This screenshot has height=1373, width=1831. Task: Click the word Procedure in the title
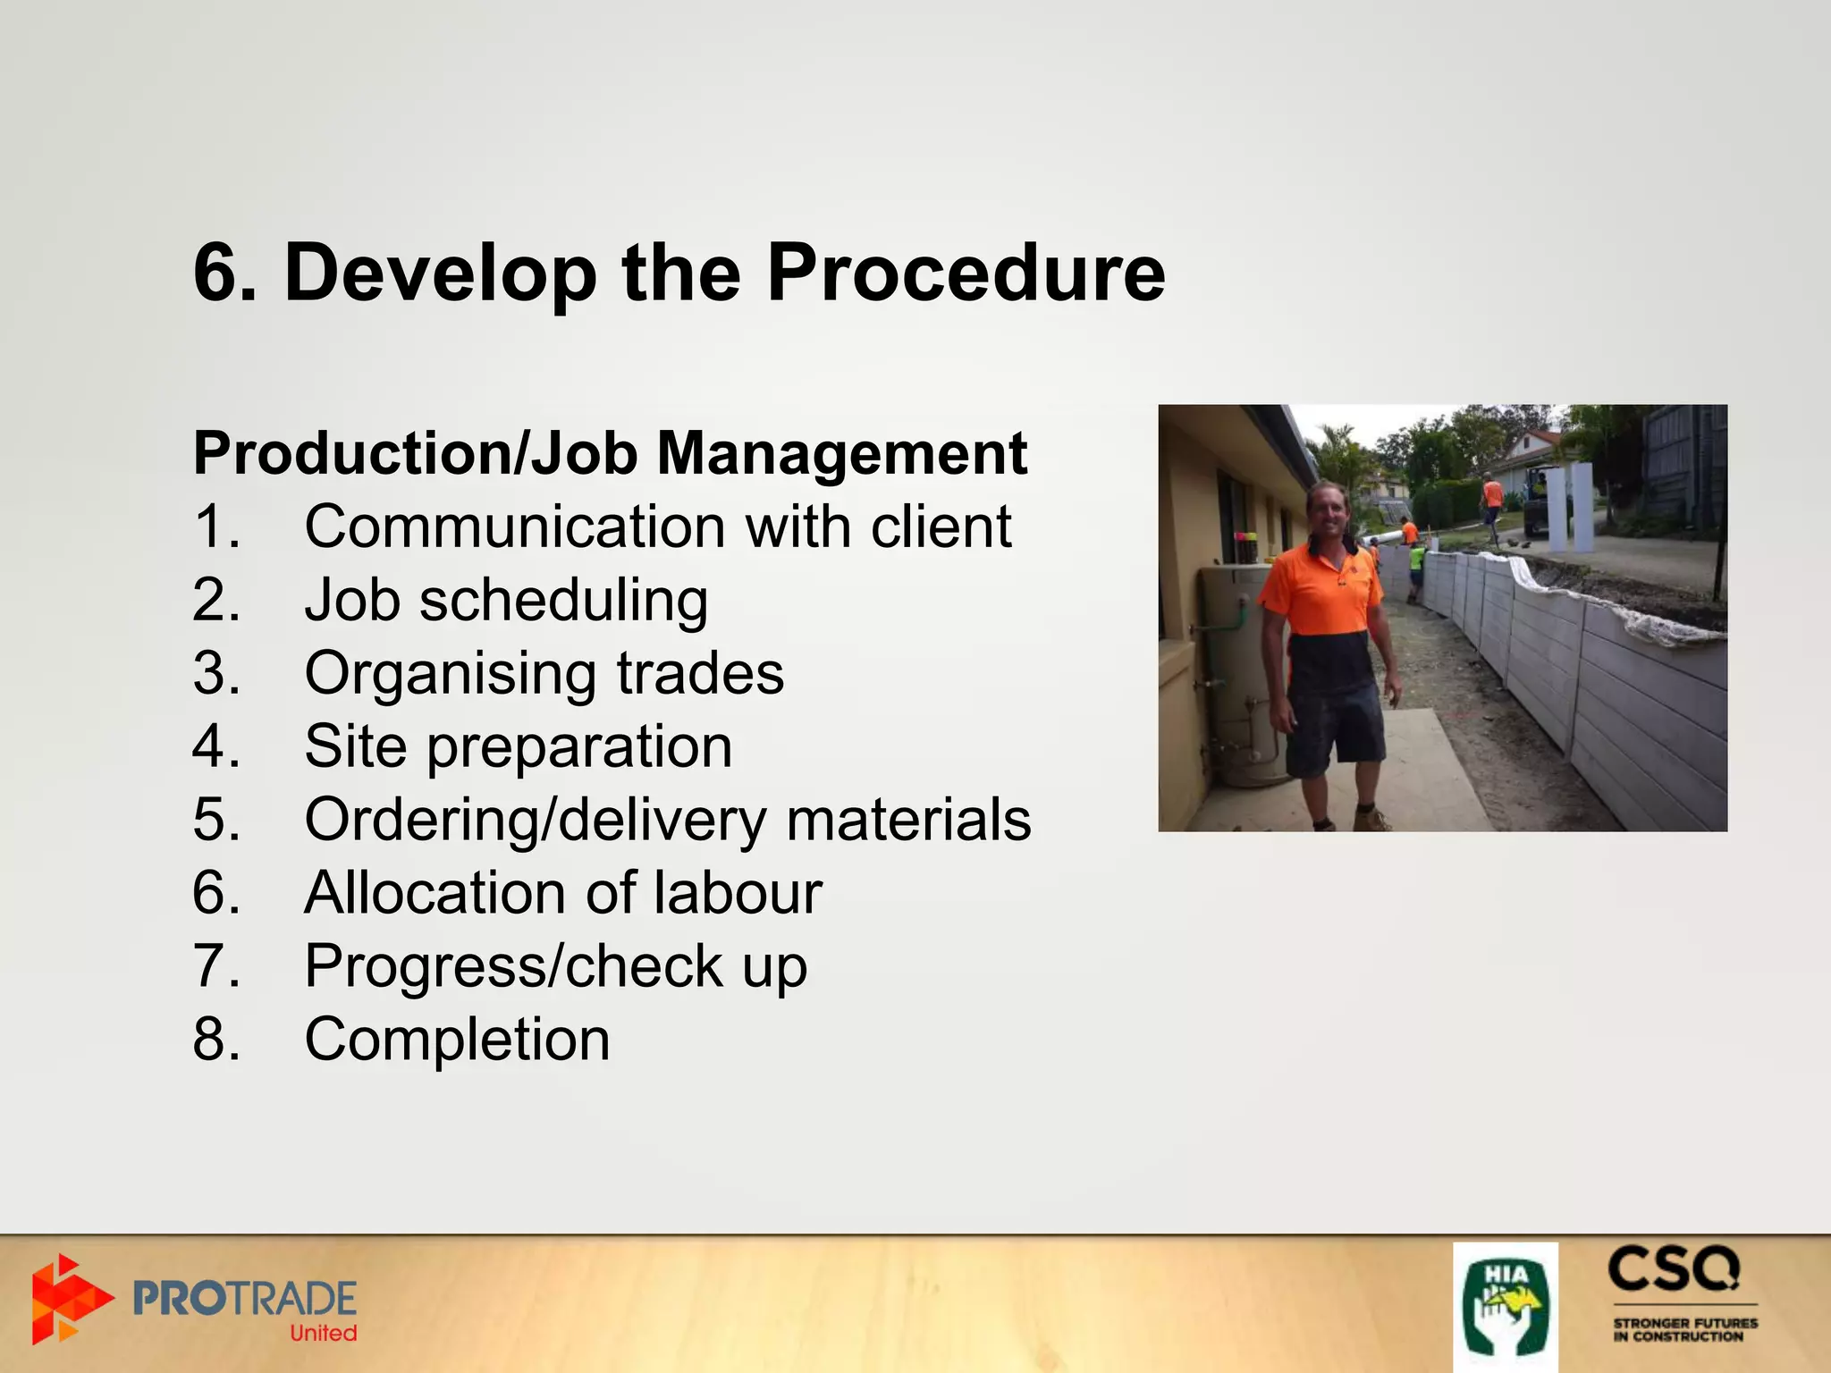coord(966,273)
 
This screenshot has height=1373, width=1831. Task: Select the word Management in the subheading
coord(841,453)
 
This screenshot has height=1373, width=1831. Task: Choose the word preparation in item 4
coord(578,747)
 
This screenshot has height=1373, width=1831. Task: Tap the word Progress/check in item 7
coord(514,966)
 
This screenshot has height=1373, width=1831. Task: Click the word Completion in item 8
coord(457,1040)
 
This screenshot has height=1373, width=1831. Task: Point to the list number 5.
coord(215,820)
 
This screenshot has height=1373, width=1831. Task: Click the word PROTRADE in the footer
coord(244,1298)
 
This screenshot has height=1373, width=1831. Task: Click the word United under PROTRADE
coord(323,1334)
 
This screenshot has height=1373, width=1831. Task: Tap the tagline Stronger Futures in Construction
coord(1684,1329)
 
